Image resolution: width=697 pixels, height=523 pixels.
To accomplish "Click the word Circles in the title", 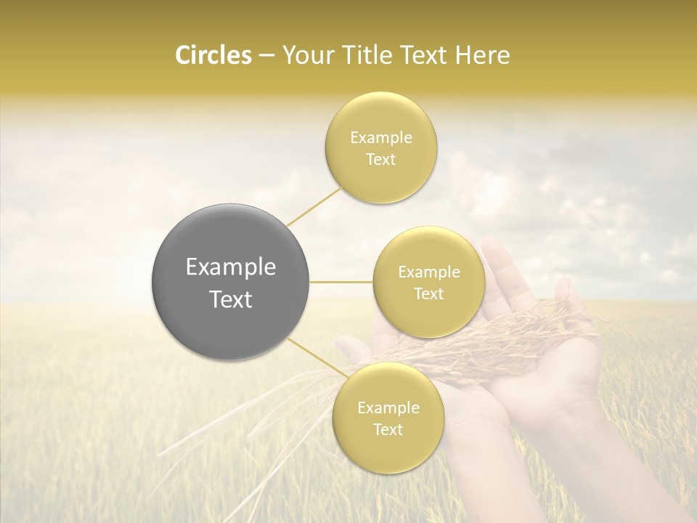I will [x=213, y=55].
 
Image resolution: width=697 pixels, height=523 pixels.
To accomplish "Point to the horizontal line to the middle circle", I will [x=341, y=282].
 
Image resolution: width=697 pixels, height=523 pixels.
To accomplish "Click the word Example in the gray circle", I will [x=231, y=267].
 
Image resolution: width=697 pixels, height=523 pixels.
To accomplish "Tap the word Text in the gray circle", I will [x=231, y=299].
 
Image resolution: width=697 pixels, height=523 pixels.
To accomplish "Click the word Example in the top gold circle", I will [x=380, y=138].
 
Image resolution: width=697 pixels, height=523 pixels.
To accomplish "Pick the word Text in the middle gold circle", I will [x=428, y=294].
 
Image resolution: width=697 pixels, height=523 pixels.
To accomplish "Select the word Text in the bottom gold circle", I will [x=388, y=430].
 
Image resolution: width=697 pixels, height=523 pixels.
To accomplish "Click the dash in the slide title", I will [x=266, y=55].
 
